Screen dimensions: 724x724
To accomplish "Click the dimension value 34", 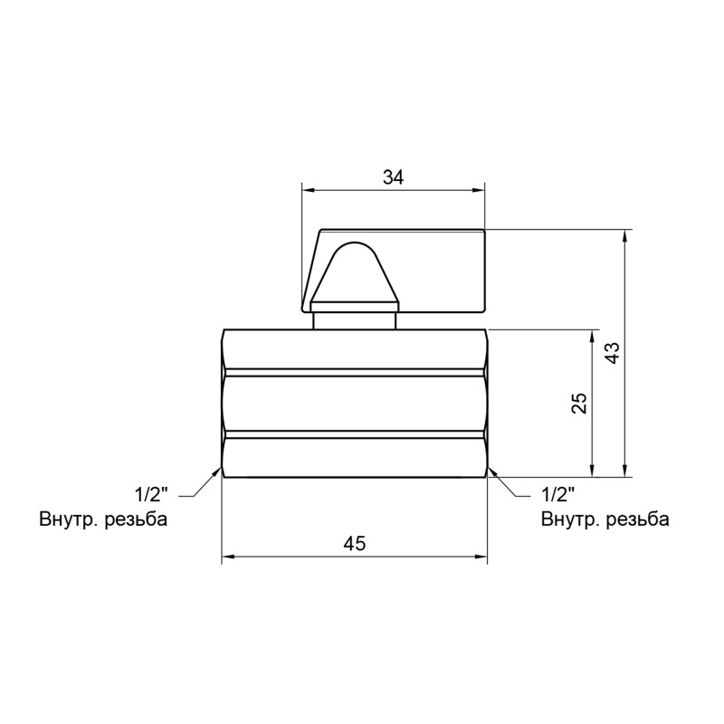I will pos(392,178).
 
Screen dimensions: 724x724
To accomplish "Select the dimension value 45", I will pos(355,544).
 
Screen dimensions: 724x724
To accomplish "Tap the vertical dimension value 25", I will pos(580,403).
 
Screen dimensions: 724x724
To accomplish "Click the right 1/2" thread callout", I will pos(558,495).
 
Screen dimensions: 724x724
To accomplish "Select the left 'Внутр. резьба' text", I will pos(103,519).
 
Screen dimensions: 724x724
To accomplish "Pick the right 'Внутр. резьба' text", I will pos(605,519).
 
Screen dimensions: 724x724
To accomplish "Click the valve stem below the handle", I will pos(355,320).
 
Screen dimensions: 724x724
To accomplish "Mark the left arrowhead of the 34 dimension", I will pos(308,190).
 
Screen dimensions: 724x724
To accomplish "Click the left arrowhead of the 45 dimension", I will pos(229,557).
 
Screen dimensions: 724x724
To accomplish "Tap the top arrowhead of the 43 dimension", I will pos(624,236).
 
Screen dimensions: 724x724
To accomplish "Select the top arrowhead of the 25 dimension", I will pos(593,336).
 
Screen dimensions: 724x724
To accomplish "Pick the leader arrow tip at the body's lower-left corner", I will pos(220,469).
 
